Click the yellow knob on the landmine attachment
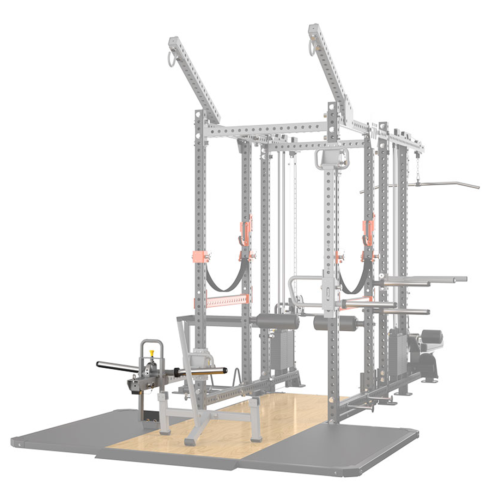tap(152, 354)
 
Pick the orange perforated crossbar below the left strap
tap(226, 301)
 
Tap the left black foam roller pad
tap(277, 321)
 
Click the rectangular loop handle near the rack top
tap(332, 159)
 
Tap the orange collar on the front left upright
tap(199, 256)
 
